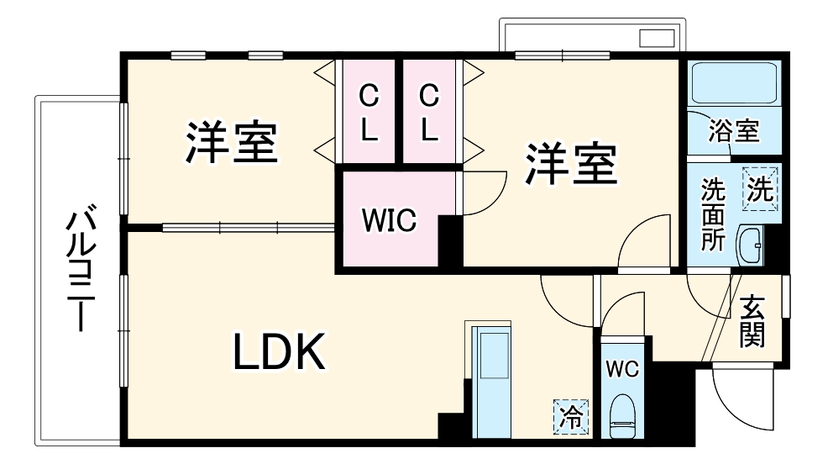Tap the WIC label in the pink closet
click(389, 220)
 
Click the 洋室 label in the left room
click(232, 142)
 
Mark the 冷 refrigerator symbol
click(571, 415)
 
